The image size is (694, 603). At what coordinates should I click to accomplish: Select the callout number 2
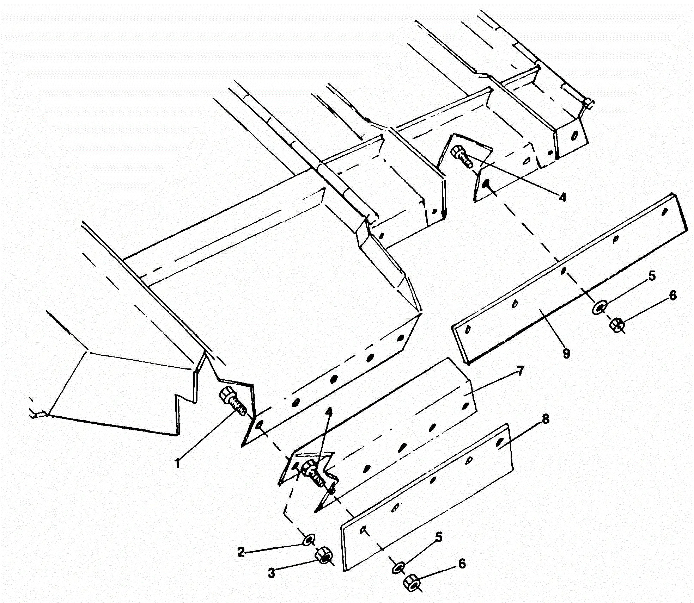241,552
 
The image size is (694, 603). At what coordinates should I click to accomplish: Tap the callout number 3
271,573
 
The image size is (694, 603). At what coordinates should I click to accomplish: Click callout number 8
545,419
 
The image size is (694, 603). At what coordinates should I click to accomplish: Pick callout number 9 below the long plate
566,353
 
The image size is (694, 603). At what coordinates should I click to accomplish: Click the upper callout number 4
562,197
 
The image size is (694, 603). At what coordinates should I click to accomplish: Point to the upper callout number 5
652,276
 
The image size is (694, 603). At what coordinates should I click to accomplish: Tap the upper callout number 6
673,295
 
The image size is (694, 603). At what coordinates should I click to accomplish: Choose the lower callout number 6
462,564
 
